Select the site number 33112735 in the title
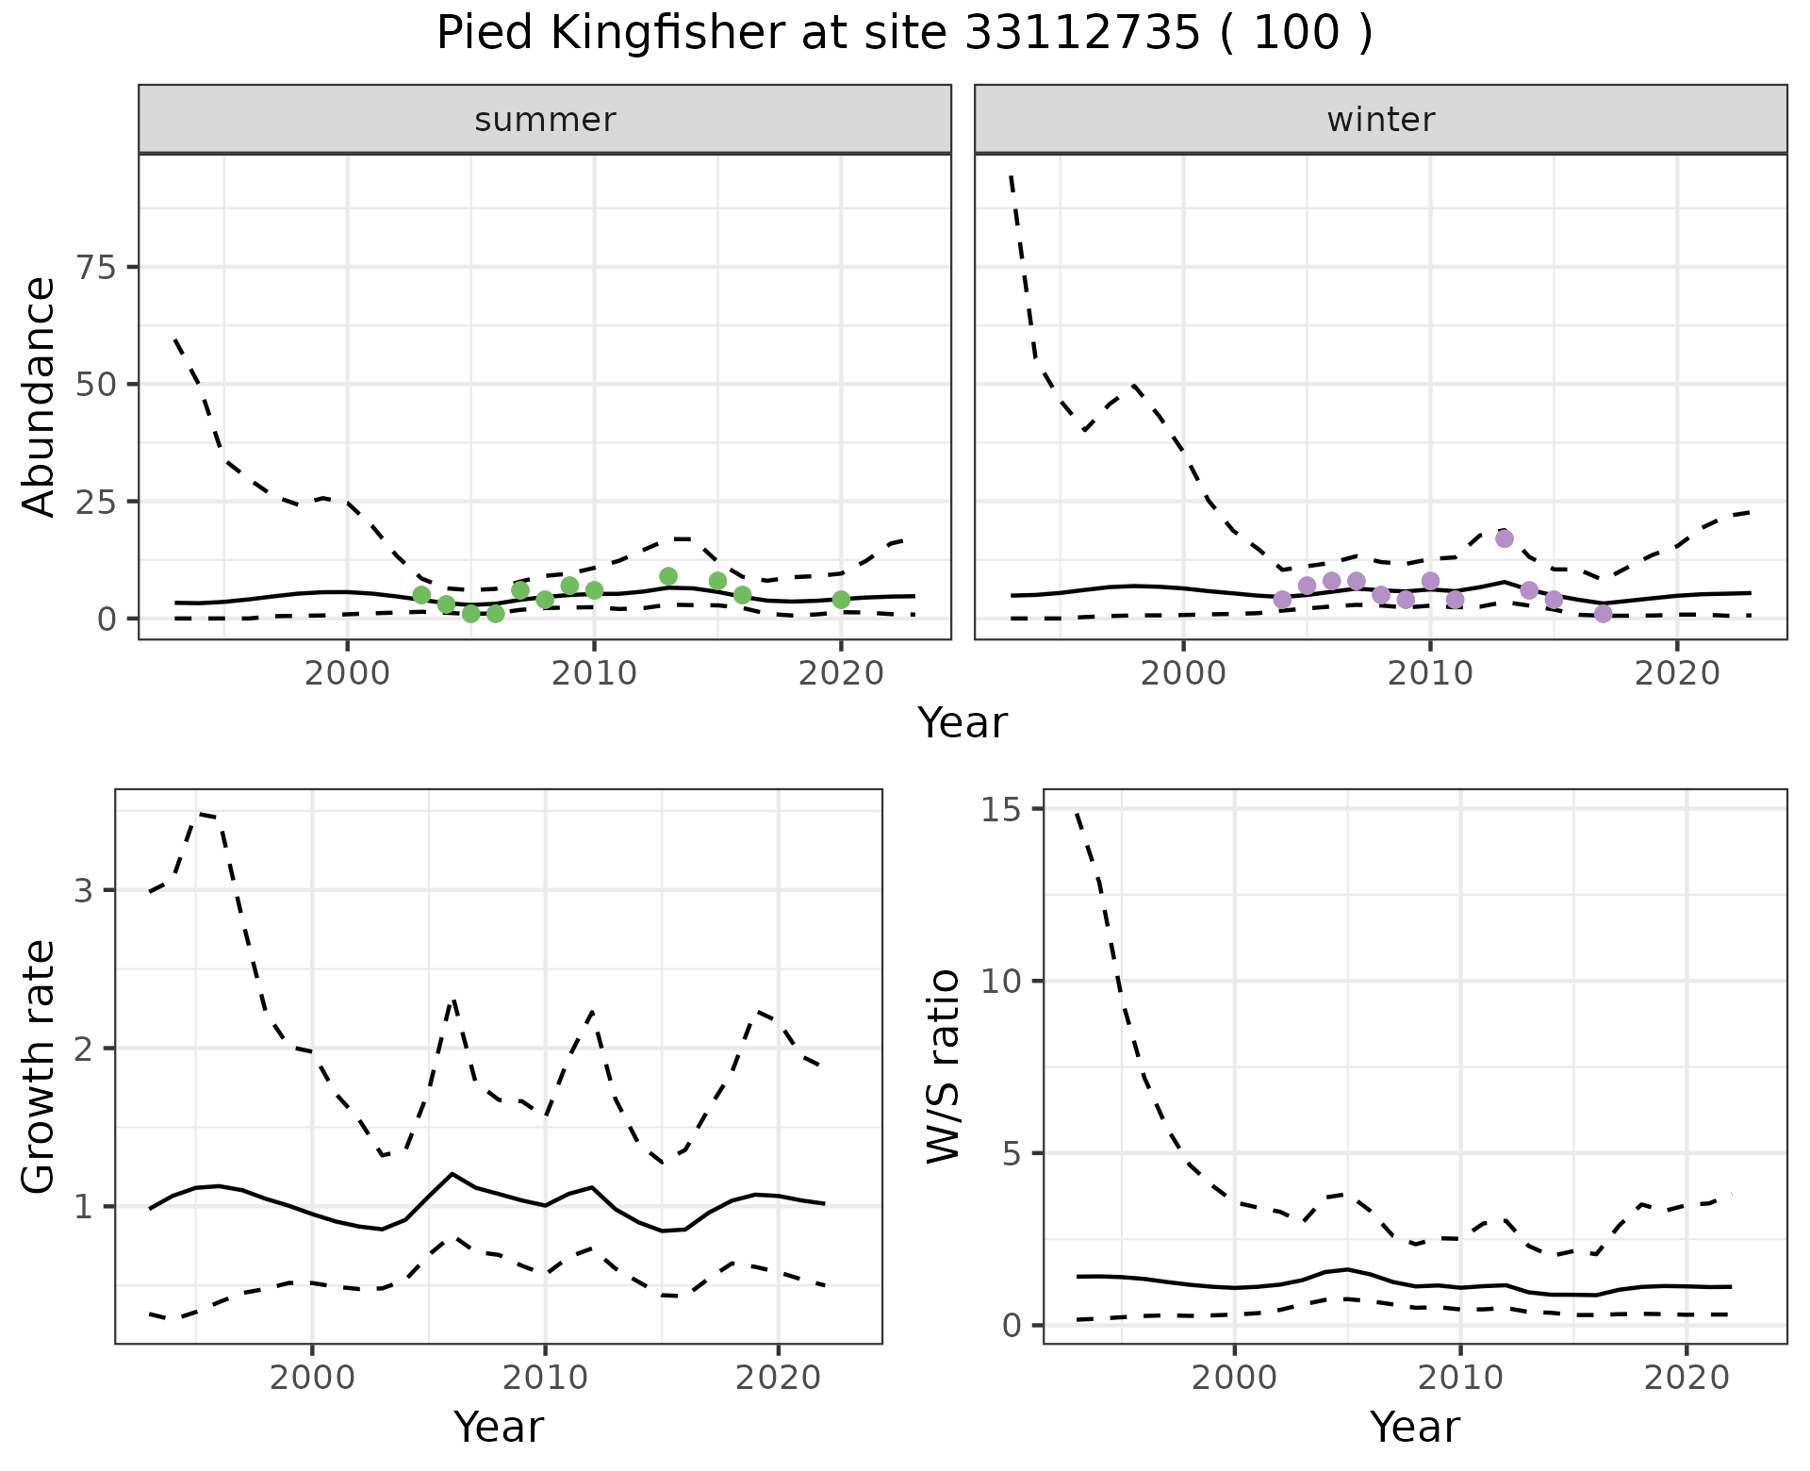1083,34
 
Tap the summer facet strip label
545,120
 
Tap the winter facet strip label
1380,120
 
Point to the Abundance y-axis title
40,396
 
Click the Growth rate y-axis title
40,1067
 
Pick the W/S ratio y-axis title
943,1067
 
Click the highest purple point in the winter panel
1505,538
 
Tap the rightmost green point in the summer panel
842,600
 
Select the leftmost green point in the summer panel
421,595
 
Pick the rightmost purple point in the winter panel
1604,614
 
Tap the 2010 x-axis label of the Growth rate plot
544,1378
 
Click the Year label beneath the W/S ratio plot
1414,1427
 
